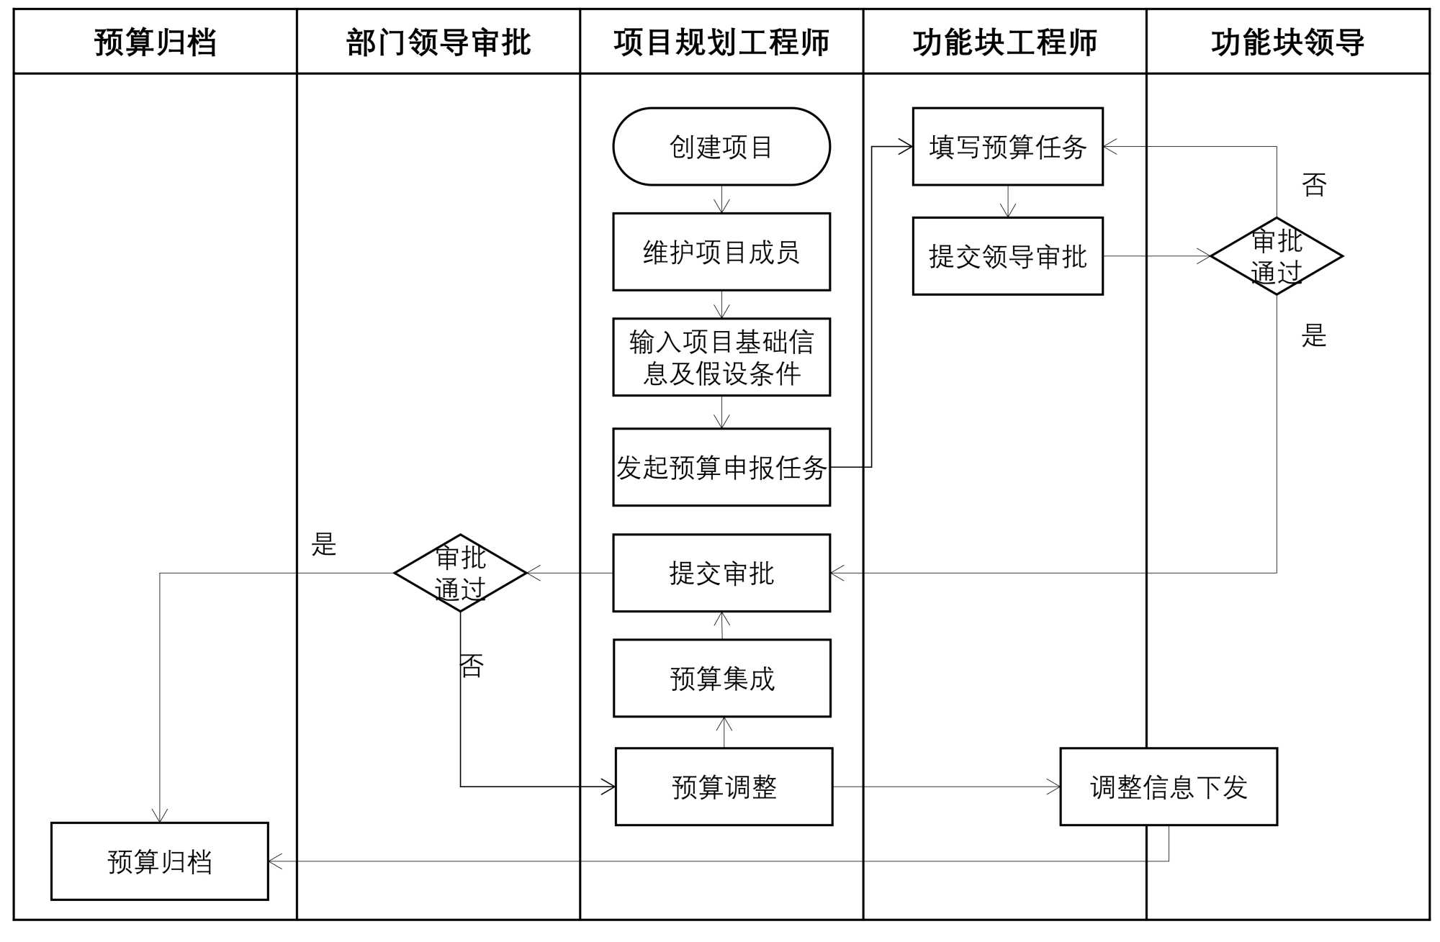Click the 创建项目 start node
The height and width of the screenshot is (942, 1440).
point(721,147)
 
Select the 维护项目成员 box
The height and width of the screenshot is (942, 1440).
point(721,252)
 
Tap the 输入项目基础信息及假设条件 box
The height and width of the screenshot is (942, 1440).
point(721,357)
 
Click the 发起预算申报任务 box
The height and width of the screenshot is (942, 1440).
point(721,467)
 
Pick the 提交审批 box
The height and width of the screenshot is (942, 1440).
point(721,573)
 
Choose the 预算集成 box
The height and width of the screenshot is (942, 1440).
point(721,678)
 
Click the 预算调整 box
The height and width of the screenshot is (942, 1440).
point(724,787)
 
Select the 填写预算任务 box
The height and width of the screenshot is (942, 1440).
point(1007,147)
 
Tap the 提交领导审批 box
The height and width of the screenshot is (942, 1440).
point(1007,256)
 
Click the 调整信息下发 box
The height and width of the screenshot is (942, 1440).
point(1168,787)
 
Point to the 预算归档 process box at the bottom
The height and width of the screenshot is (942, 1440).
point(159,861)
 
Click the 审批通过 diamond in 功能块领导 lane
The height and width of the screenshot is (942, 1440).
point(1276,256)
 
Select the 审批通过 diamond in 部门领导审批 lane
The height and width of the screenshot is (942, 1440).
point(460,573)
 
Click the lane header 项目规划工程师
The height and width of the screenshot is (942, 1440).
point(721,42)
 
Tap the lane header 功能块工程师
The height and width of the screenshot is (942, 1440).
point(1004,42)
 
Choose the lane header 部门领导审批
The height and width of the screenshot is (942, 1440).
point(438,42)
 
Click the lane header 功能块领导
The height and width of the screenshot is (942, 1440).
point(1287,42)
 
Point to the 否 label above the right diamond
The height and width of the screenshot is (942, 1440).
point(1314,185)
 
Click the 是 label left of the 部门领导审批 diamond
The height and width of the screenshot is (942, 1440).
point(324,544)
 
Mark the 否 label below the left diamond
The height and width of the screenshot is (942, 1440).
point(472,666)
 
